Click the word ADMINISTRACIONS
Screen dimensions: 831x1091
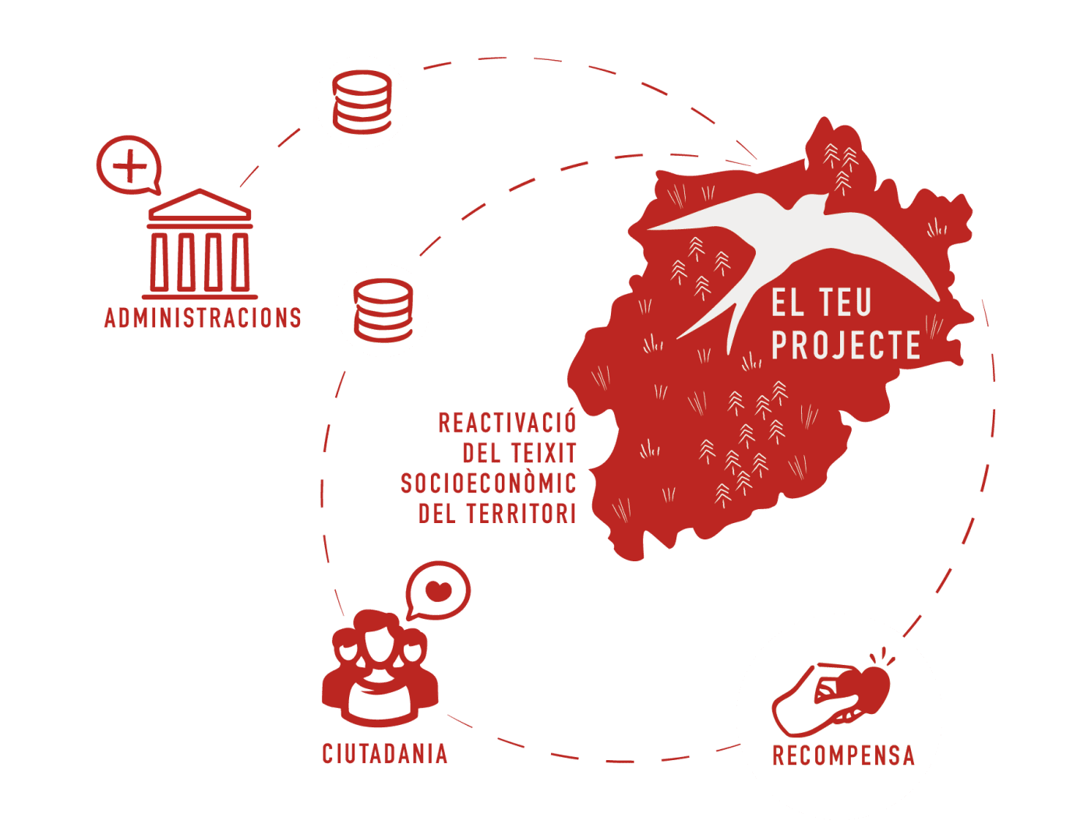[203, 317]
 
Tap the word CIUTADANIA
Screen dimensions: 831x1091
[385, 753]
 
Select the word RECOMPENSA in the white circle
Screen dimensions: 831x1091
[843, 755]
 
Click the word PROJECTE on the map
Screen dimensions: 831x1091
[846, 345]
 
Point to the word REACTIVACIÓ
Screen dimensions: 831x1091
[507, 423]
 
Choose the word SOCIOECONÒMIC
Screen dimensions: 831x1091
[489, 483]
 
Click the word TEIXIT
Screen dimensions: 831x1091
[543, 453]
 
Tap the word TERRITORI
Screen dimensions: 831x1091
[521, 514]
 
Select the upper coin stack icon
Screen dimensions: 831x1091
[362, 102]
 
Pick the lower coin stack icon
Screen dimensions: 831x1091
[383, 310]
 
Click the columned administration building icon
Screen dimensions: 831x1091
[200, 245]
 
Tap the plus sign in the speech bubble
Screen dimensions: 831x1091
[129, 165]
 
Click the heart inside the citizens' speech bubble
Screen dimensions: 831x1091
[440, 591]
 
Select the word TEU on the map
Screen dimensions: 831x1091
[846, 302]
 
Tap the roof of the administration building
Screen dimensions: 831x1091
[200, 206]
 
